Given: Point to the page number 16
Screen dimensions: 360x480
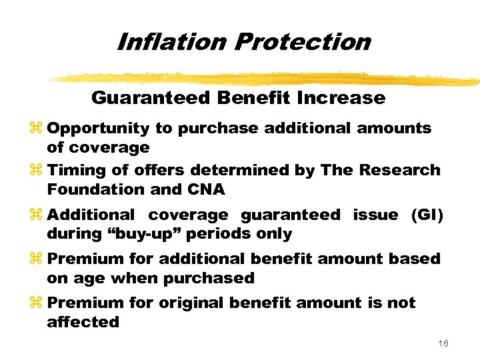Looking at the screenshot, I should click(443, 343).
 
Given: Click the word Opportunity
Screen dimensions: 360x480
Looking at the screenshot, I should click(99, 129).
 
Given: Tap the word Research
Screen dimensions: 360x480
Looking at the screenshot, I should click(400, 170).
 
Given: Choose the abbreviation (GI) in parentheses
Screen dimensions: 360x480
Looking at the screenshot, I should click(424, 215).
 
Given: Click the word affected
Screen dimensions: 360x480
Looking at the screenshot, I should click(83, 322).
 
